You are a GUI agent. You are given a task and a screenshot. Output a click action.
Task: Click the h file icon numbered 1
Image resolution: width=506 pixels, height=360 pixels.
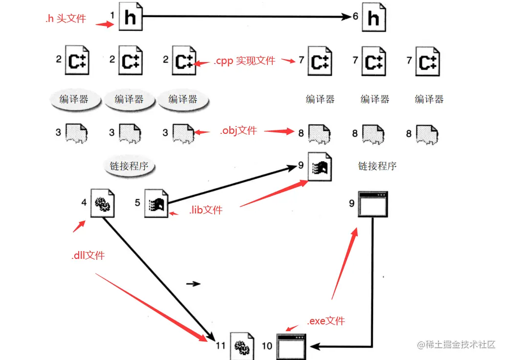click(x=130, y=18)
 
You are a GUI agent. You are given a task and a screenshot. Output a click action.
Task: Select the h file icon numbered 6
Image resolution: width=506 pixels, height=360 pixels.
click(x=374, y=18)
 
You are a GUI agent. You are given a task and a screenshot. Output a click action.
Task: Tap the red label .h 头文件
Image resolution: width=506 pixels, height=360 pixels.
click(x=65, y=19)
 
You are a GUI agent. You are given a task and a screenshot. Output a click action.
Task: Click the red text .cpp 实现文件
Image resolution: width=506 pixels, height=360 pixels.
click(x=244, y=61)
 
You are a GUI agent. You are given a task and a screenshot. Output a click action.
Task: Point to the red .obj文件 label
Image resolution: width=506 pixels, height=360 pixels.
click(x=238, y=130)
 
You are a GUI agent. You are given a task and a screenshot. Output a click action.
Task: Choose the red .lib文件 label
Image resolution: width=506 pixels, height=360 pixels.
click(x=205, y=210)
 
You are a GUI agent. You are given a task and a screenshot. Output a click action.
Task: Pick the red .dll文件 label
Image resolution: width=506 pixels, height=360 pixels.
click(x=88, y=255)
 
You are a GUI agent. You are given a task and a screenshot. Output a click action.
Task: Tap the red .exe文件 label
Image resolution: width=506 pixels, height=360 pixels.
click(x=326, y=321)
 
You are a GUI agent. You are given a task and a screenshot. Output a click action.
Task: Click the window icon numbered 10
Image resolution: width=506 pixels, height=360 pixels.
click(x=291, y=346)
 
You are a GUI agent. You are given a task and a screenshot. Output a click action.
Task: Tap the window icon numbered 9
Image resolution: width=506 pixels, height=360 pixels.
click(x=373, y=204)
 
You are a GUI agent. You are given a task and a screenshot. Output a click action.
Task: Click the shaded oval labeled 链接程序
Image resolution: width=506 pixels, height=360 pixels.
click(x=129, y=166)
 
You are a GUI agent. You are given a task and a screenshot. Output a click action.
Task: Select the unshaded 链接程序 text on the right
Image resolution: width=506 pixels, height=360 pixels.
click(x=377, y=166)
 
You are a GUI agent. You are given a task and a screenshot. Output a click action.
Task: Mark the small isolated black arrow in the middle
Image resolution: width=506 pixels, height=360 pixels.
click(x=194, y=284)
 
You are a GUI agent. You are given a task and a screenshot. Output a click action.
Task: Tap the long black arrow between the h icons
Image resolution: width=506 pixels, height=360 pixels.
click(x=244, y=17)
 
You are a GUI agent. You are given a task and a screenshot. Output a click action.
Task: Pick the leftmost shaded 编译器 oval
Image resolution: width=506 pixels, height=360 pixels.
click(x=74, y=100)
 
